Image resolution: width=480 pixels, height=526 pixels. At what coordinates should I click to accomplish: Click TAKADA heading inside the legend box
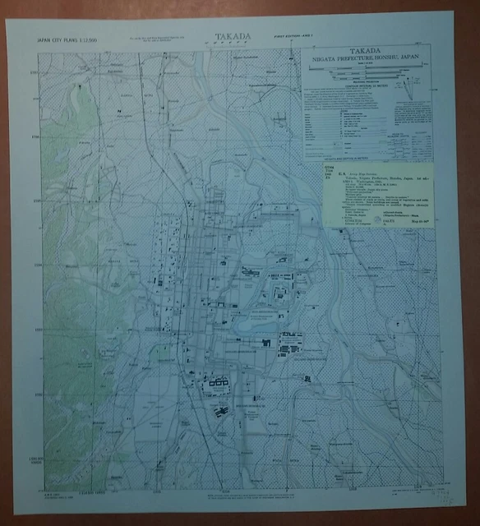click(367, 49)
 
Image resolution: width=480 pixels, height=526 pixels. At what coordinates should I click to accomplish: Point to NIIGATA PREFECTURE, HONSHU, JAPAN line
click(367, 58)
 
